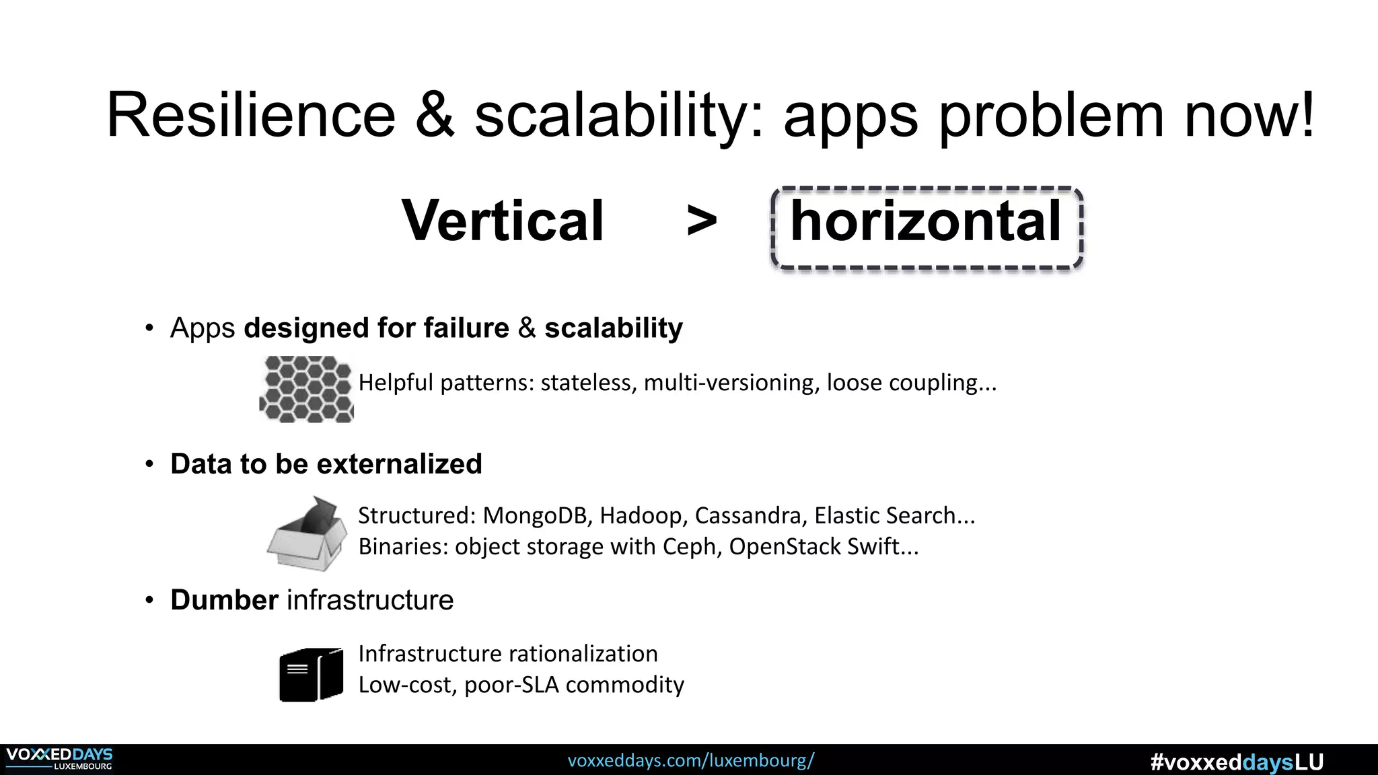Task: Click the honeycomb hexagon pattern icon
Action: [x=307, y=389]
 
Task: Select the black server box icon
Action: [x=311, y=674]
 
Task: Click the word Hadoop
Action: [x=643, y=515]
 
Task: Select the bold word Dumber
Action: [x=224, y=600]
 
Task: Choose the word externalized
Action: [x=399, y=464]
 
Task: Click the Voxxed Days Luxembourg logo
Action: [x=59, y=759]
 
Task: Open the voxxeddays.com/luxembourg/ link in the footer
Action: [x=690, y=761]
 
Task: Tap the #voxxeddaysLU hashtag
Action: [x=1237, y=762]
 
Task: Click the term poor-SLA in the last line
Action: [x=511, y=685]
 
